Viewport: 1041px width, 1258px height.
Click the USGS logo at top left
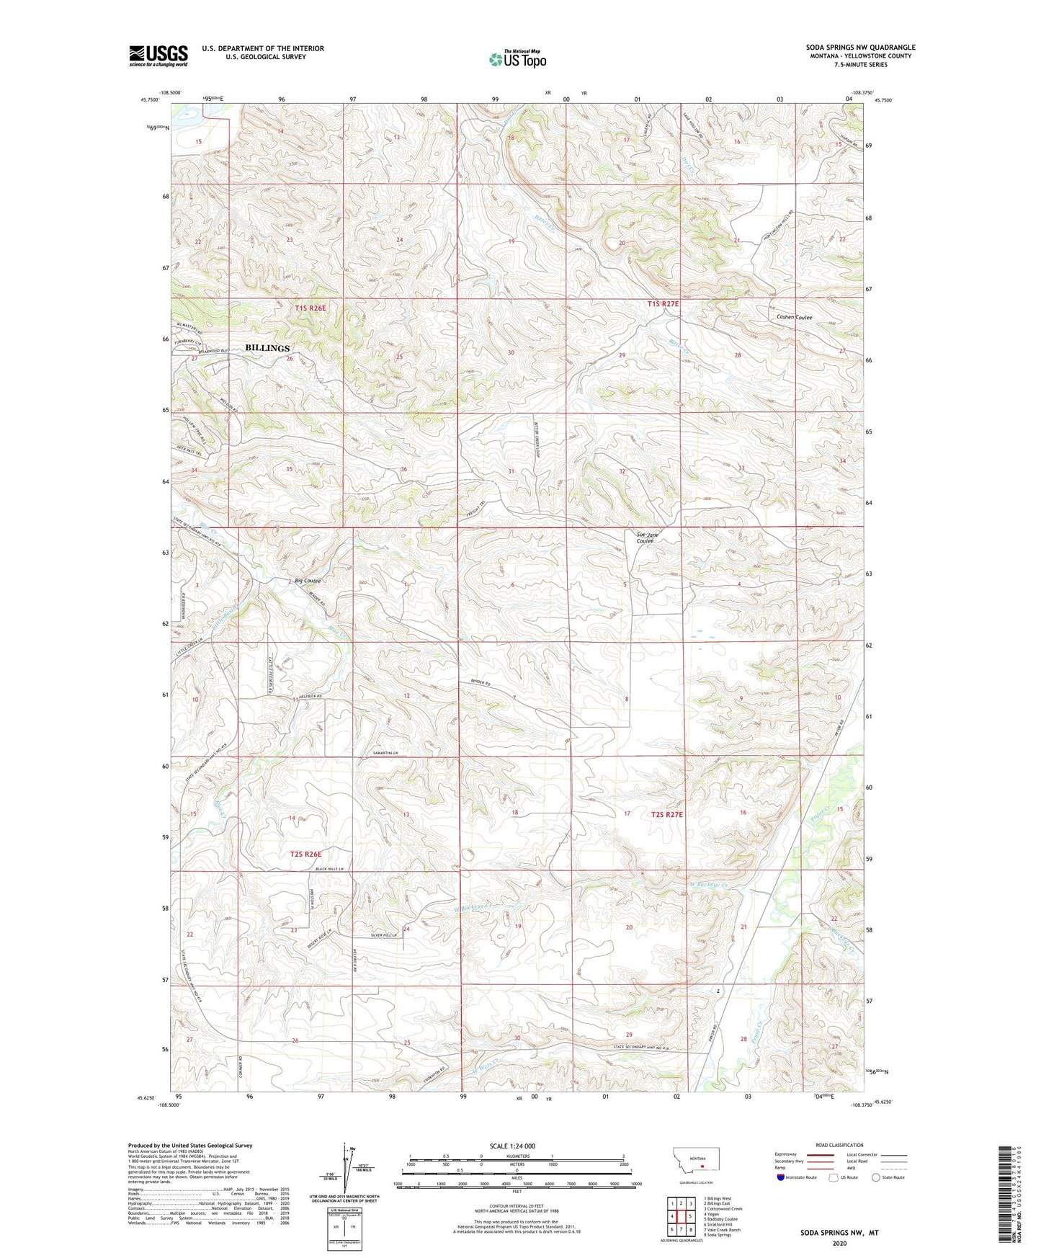[158, 55]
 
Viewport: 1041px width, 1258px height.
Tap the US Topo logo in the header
[517, 59]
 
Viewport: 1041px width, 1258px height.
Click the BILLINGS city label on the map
[267, 348]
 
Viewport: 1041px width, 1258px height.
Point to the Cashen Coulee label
[794, 317]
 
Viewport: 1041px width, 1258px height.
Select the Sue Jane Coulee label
[646, 537]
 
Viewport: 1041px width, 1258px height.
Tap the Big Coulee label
[308, 581]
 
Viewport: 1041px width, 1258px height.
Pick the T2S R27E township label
[666, 814]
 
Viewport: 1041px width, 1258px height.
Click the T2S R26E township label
[305, 854]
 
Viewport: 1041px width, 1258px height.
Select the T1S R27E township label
[663, 304]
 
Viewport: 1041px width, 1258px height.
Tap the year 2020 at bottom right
[839, 1244]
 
